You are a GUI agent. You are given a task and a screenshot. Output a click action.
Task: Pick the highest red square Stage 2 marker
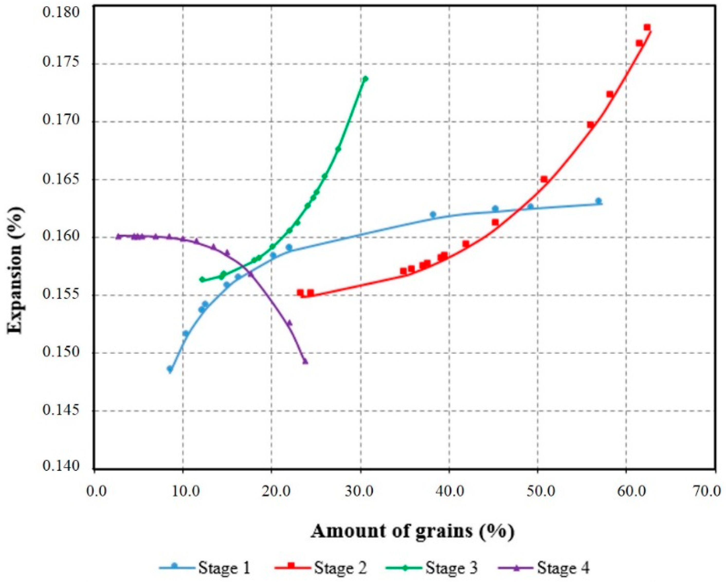647,27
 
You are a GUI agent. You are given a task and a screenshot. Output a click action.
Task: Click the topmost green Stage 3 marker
365,78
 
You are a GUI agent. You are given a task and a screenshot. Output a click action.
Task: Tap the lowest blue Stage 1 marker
170,369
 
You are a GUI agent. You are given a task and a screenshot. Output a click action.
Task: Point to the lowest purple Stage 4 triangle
305,362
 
